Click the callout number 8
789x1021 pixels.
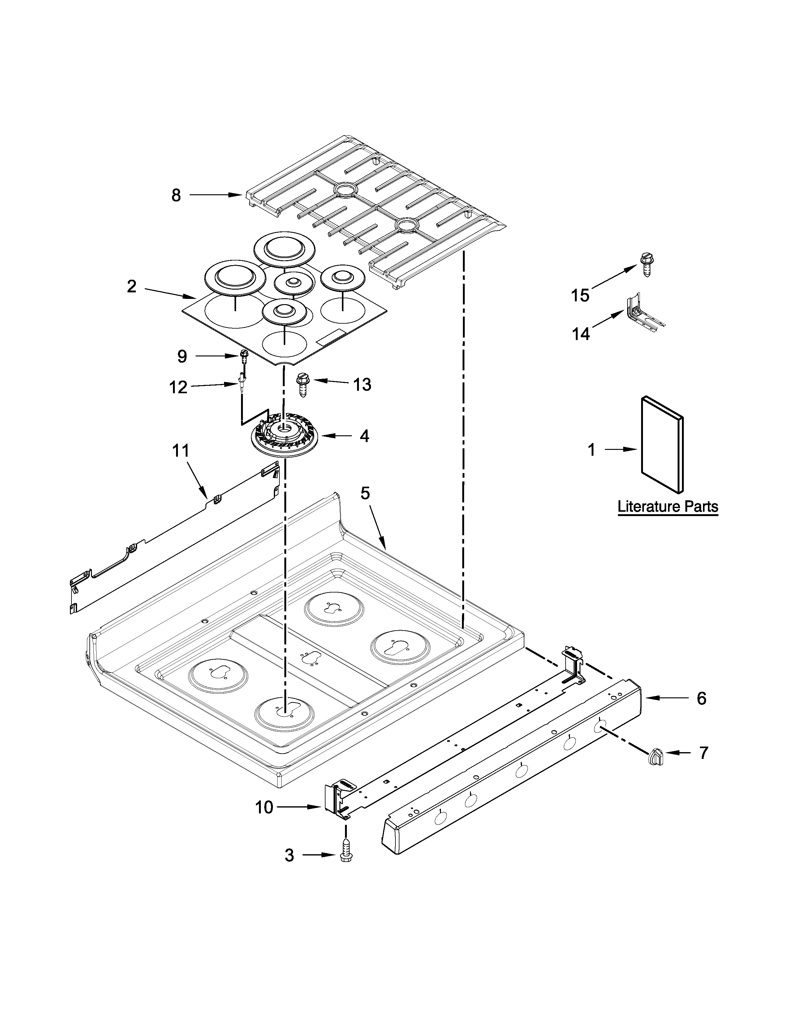pyautogui.click(x=176, y=196)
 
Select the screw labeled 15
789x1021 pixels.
pyautogui.click(x=646, y=265)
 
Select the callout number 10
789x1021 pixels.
pyautogui.click(x=264, y=807)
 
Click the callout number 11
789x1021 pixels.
pyautogui.click(x=181, y=451)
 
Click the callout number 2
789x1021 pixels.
pyautogui.click(x=132, y=286)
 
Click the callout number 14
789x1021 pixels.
pyautogui.click(x=581, y=334)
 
